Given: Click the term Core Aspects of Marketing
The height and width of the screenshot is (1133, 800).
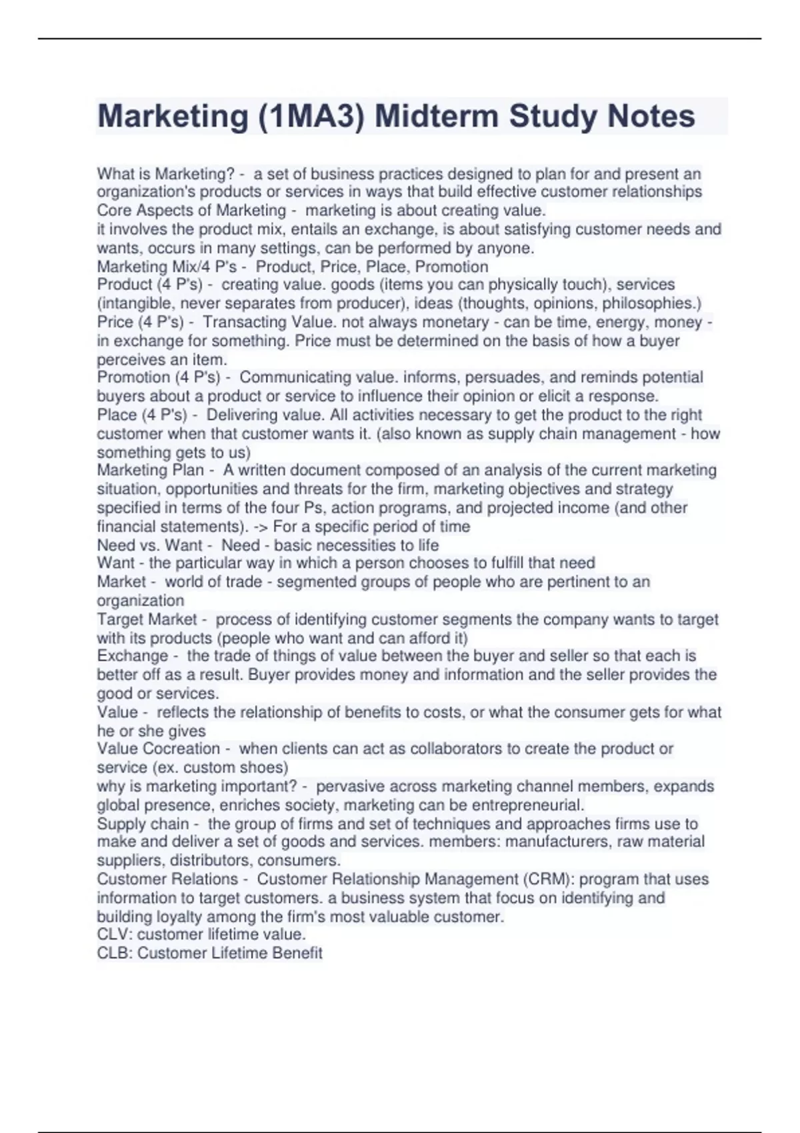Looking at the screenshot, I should [191, 211].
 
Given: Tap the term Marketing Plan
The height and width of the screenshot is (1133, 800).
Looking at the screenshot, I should [150, 470].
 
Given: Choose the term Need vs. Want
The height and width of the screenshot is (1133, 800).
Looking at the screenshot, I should [149, 545].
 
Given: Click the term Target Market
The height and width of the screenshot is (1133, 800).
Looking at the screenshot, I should [147, 619].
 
